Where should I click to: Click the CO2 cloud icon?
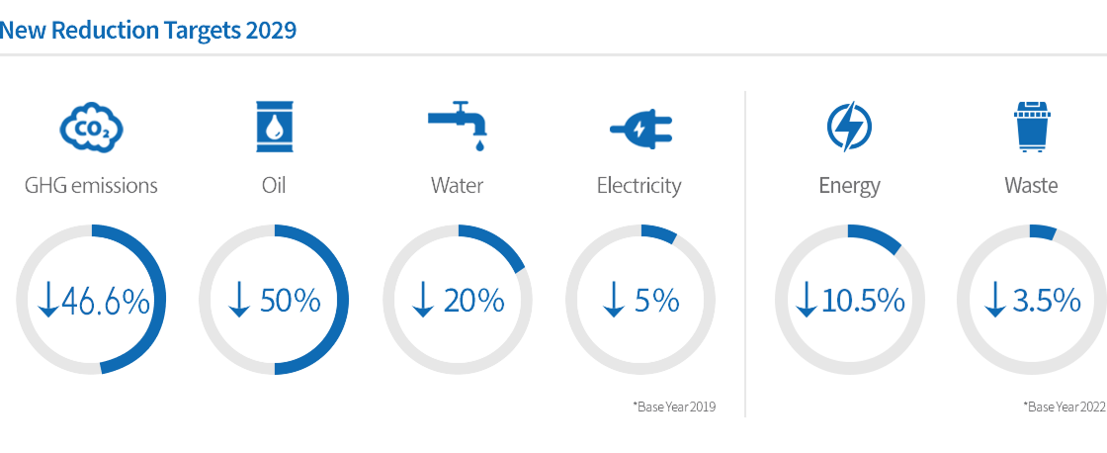coord(91,128)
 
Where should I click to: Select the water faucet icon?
coord(458,125)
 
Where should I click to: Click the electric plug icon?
coord(641,130)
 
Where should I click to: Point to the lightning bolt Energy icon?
coord(849,128)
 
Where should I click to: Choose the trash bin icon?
coord(1032,128)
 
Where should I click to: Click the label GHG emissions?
coord(91,186)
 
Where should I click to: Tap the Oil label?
coord(273,186)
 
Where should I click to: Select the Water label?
coord(458,186)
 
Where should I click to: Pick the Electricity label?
coord(639,187)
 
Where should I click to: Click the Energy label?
coord(849,187)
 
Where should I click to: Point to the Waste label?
coord(1032,186)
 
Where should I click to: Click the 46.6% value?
coord(106,302)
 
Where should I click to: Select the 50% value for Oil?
coord(291,302)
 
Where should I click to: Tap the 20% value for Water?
coord(473,302)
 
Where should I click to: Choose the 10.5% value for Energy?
coord(863,302)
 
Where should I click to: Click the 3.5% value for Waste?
coord(1048,302)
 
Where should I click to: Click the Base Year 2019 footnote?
coord(674,408)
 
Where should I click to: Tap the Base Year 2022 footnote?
coord(1064,408)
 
